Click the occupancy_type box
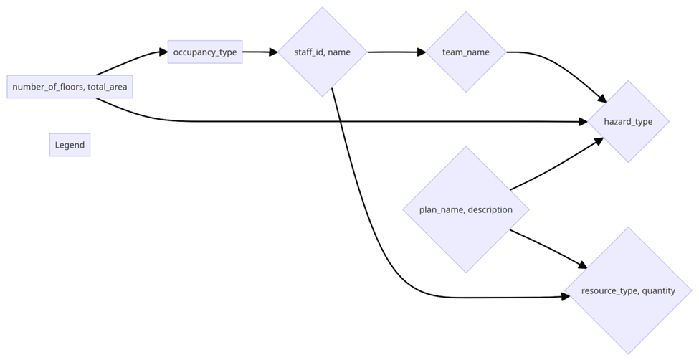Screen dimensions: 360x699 tap(205, 52)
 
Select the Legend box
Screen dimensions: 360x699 tap(70, 145)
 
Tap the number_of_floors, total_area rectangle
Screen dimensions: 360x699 tap(70, 87)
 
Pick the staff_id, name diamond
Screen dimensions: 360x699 tap(323, 52)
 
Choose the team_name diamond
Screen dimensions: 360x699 tap(466, 52)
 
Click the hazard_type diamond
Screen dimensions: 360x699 tap(628, 121)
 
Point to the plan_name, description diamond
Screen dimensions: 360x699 tap(466, 209)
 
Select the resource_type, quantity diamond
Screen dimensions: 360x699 tap(628, 290)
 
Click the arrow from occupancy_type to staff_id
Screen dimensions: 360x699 tap(260, 52)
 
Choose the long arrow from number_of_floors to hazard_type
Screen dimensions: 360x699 tap(358, 122)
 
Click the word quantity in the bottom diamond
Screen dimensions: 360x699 tap(658, 290)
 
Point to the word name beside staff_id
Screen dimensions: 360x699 tap(339, 52)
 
